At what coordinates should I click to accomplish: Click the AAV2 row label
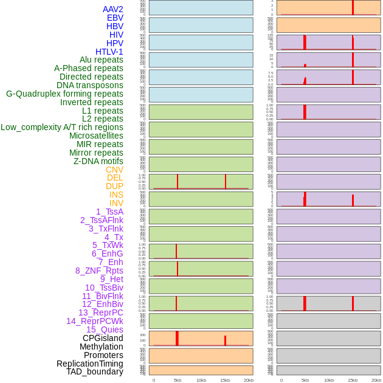112,9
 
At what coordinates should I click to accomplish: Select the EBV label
115,18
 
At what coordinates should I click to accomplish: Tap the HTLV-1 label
109,52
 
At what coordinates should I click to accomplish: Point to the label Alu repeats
101,60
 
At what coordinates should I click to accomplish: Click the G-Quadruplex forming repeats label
64,94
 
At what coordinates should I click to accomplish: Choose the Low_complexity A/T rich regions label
62,127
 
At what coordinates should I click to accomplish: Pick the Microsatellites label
96,136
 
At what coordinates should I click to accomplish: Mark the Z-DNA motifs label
98,161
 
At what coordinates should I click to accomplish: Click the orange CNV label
114,170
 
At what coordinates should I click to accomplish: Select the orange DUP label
114,186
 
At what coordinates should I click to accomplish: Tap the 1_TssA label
109,212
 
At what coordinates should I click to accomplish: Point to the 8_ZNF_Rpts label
99,271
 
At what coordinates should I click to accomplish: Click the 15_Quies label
105,330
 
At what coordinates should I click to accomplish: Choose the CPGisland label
103,338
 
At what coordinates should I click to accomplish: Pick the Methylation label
101,347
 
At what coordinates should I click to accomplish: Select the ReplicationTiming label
89,364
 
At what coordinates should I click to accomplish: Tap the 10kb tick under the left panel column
201,380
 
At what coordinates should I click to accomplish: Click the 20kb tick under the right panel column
376,380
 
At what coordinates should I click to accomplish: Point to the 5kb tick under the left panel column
178,380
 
